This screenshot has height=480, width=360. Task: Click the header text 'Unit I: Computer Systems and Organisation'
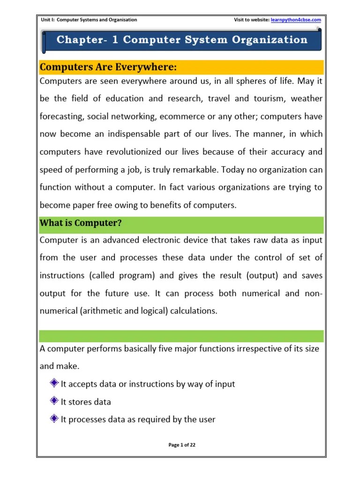(x=89, y=20)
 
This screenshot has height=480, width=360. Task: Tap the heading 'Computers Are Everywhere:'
(x=108, y=67)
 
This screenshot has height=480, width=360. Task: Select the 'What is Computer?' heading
(x=81, y=223)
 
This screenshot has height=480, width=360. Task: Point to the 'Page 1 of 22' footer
(x=182, y=445)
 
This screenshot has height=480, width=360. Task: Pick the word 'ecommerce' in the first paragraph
(x=198, y=116)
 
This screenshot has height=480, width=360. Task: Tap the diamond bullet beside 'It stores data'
(x=53, y=401)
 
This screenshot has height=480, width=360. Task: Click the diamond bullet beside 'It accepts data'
(x=53, y=383)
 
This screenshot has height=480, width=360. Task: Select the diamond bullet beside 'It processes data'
(x=53, y=419)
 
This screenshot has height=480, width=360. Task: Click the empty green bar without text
(x=182, y=336)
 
